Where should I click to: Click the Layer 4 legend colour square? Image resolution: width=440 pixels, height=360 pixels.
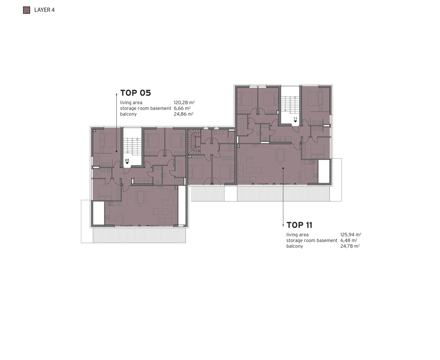27,10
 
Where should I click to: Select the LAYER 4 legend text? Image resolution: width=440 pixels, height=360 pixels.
44,10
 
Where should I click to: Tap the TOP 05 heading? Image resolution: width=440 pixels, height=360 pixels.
136,93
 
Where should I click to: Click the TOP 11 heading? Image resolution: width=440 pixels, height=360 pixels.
299,225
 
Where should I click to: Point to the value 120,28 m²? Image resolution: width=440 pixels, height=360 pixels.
184,103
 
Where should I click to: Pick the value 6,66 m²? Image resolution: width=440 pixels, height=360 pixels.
182,108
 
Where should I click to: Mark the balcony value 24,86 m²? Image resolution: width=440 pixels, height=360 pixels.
184,114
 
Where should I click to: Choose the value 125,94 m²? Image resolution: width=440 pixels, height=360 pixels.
351,235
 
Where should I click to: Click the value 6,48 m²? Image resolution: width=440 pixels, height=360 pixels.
349,241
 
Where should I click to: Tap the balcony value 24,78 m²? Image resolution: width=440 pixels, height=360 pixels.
350,246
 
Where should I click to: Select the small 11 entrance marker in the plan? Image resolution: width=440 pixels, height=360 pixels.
295,119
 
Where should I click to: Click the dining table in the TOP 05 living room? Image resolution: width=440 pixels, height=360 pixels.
140,197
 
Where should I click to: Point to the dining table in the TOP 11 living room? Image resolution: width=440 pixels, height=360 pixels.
281,155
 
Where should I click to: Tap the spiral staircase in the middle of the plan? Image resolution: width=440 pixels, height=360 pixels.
195,143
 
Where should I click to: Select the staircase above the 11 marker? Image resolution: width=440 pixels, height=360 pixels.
291,104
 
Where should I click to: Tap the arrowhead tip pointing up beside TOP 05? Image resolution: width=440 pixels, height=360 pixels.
117,94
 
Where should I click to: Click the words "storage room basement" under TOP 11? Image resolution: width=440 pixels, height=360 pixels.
312,241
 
